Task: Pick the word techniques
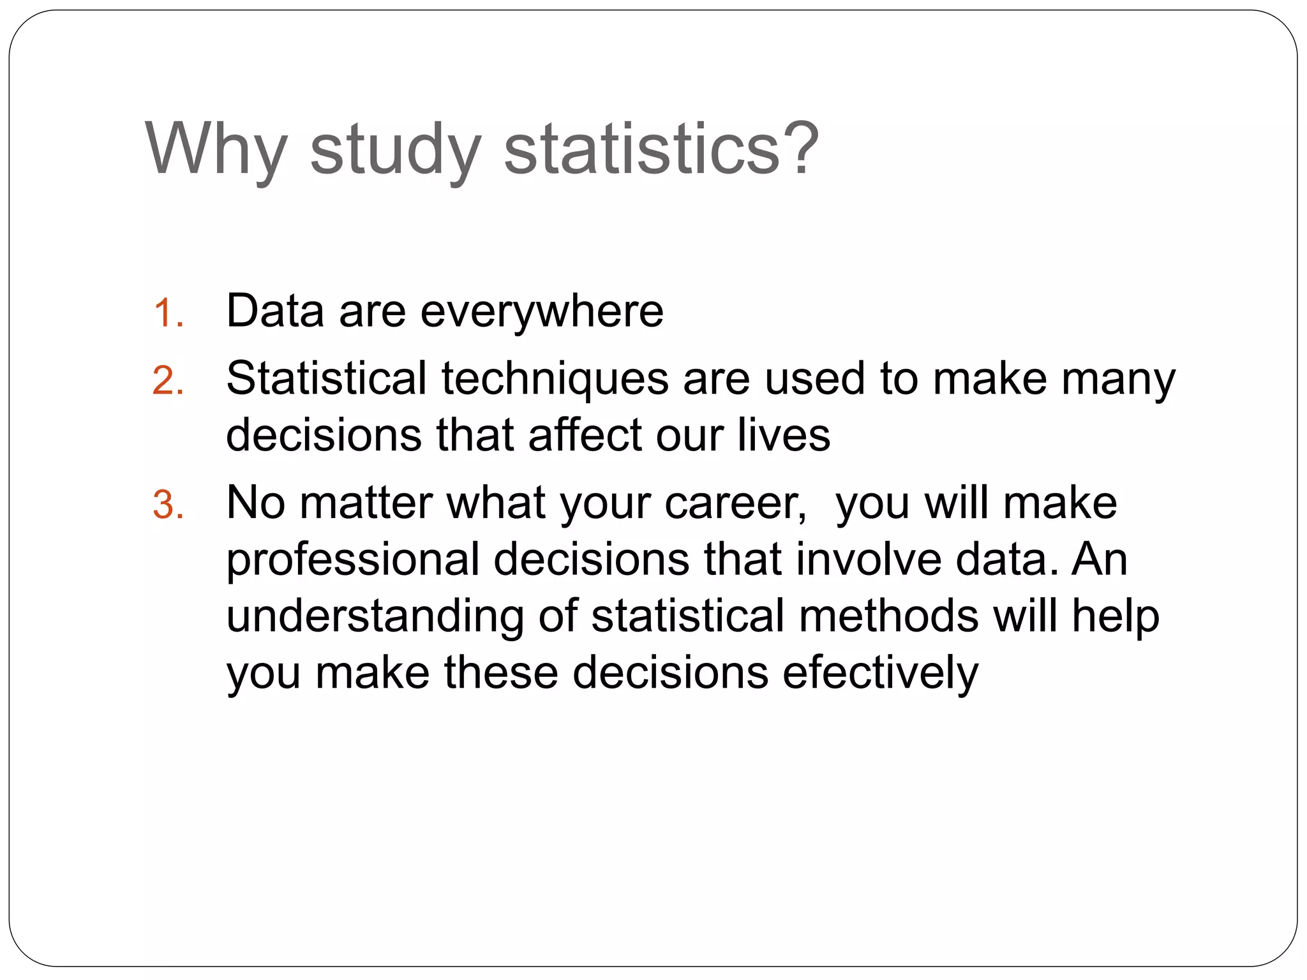[x=555, y=379]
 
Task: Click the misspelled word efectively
[x=880, y=674]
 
